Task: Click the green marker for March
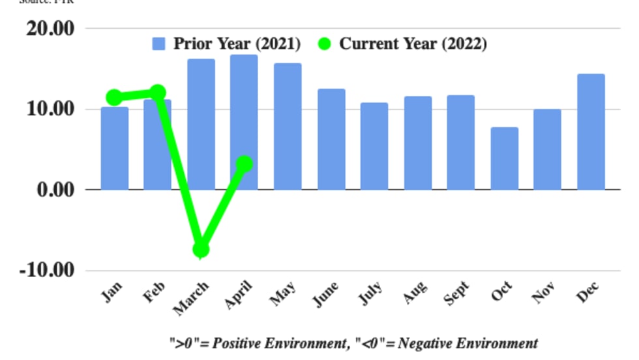coord(201,249)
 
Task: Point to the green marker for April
coord(245,164)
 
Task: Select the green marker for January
coord(114,98)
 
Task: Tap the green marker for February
coord(158,93)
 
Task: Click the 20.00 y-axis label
coord(50,29)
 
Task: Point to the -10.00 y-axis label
coord(46,269)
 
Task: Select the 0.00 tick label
coord(54,189)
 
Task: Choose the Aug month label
coord(415,292)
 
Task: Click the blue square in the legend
coord(158,44)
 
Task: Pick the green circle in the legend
coord(324,44)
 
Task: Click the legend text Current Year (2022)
coord(413,44)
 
